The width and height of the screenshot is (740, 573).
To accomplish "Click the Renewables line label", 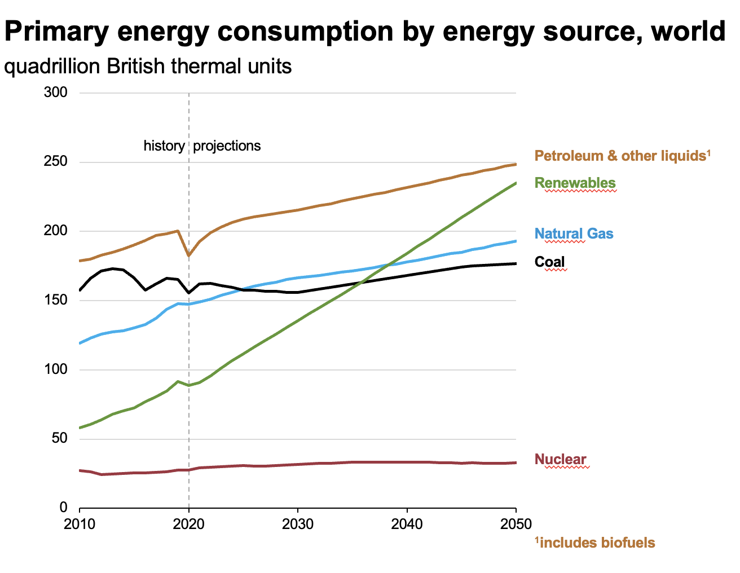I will pos(575,183).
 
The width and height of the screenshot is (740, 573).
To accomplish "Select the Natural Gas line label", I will pos(574,233).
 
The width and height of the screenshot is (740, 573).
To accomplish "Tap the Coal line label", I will pos(549,262).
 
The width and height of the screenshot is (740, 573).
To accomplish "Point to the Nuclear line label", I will pos(560,459).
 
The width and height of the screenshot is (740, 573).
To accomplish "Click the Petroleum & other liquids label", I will pos(622,156).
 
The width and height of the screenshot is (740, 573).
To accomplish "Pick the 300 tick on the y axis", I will pos(56,92).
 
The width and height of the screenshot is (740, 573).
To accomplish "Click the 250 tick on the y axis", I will pos(56,162).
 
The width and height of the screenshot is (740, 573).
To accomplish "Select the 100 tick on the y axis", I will pos(56,369).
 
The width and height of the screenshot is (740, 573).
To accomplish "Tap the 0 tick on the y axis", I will pos(63,508).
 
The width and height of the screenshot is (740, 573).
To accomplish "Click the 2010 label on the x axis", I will pos(80,524).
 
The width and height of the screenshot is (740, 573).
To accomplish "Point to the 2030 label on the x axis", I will pos(298,524).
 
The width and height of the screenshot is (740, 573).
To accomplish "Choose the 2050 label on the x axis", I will pos(516,524).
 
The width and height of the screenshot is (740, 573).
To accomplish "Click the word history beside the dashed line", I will pos(164,146).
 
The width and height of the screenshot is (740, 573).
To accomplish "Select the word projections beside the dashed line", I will pos(227,146).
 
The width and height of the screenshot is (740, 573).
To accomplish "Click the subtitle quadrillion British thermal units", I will pos(148,67).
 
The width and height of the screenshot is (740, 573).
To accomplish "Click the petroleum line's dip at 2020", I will pos(188,255).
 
